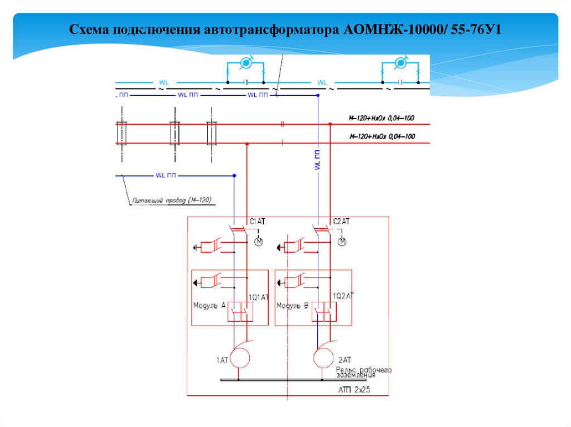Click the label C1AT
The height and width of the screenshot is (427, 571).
tap(257, 222)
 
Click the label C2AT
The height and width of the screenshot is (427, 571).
tap(341, 222)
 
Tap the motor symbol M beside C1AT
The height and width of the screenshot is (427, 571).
tap(259, 242)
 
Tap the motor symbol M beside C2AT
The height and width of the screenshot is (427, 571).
tap(343, 242)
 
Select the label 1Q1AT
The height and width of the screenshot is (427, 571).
tap(259, 297)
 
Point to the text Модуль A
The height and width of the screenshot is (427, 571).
tap(209, 306)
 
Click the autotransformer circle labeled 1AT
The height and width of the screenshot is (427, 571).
tap(241, 356)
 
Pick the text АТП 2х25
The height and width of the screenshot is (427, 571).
tap(354, 391)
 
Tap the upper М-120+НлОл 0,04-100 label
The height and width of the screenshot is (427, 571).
tap(382, 119)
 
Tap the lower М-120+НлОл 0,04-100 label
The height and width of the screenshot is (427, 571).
tap(382, 136)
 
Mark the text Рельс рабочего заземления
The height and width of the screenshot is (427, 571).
tap(364, 372)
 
